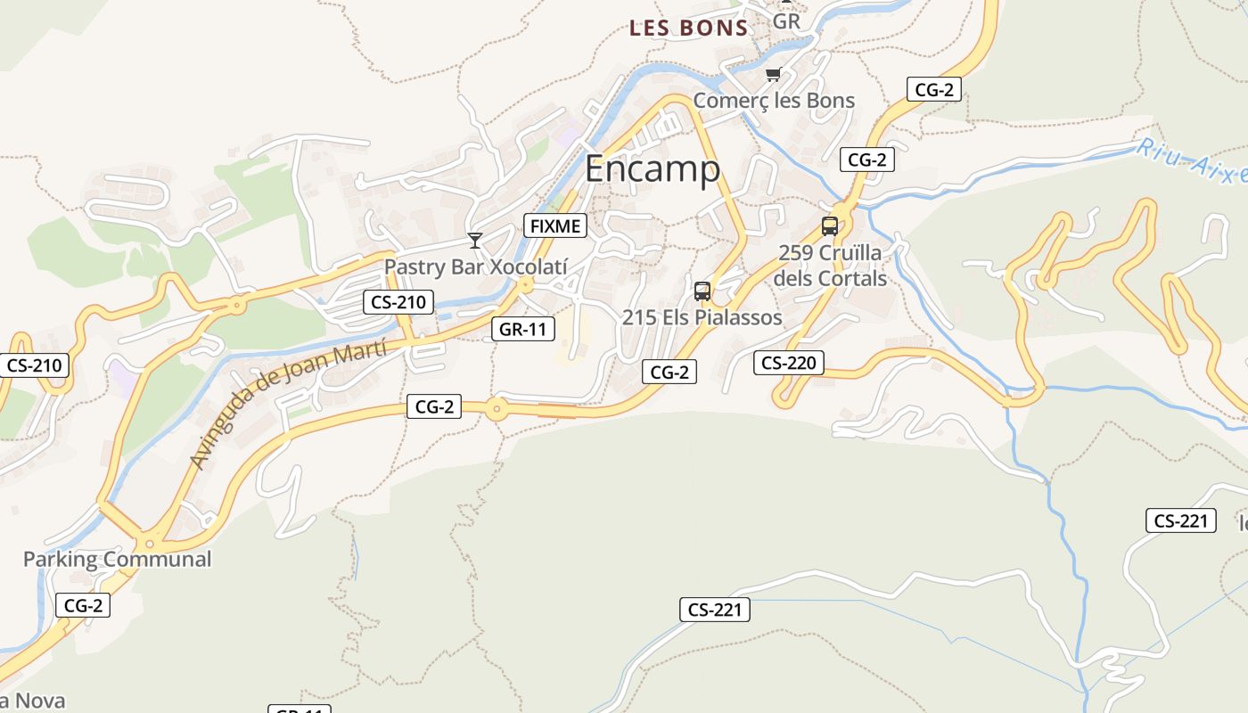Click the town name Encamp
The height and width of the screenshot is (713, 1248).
pyautogui.click(x=652, y=168)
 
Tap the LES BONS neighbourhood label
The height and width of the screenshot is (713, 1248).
pyautogui.click(x=688, y=28)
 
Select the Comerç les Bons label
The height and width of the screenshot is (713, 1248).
pyautogui.click(x=774, y=101)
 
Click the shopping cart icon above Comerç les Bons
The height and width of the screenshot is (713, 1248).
pyautogui.click(x=773, y=75)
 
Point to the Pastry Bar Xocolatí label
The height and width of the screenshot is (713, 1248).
pyautogui.click(x=475, y=266)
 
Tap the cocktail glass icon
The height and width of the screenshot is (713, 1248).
pyautogui.click(x=475, y=241)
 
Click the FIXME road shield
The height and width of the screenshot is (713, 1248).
pyautogui.click(x=554, y=226)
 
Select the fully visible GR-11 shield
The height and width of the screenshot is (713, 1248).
pyautogui.click(x=522, y=329)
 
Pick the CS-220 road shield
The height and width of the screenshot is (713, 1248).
pyautogui.click(x=789, y=363)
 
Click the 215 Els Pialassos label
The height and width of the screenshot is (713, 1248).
pyautogui.click(x=702, y=317)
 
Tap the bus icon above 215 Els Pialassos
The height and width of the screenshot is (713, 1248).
pyautogui.click(x=702, y=291)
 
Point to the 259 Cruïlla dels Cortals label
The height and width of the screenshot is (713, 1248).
pyautogui.click(x=830, y=266)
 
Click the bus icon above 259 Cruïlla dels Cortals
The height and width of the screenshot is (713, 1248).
pyautogui.click(x=830, y=226)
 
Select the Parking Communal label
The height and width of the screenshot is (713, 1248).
pyautogui.click(x=117, y=560)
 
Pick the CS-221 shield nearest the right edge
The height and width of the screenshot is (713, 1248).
pyautogui.click(x=1181, y=520)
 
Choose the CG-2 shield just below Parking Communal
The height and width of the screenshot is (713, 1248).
pyautogui.click(x=84, y=606)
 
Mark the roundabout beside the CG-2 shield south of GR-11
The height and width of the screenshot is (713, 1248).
pyautogui.click(x=497, y=410)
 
